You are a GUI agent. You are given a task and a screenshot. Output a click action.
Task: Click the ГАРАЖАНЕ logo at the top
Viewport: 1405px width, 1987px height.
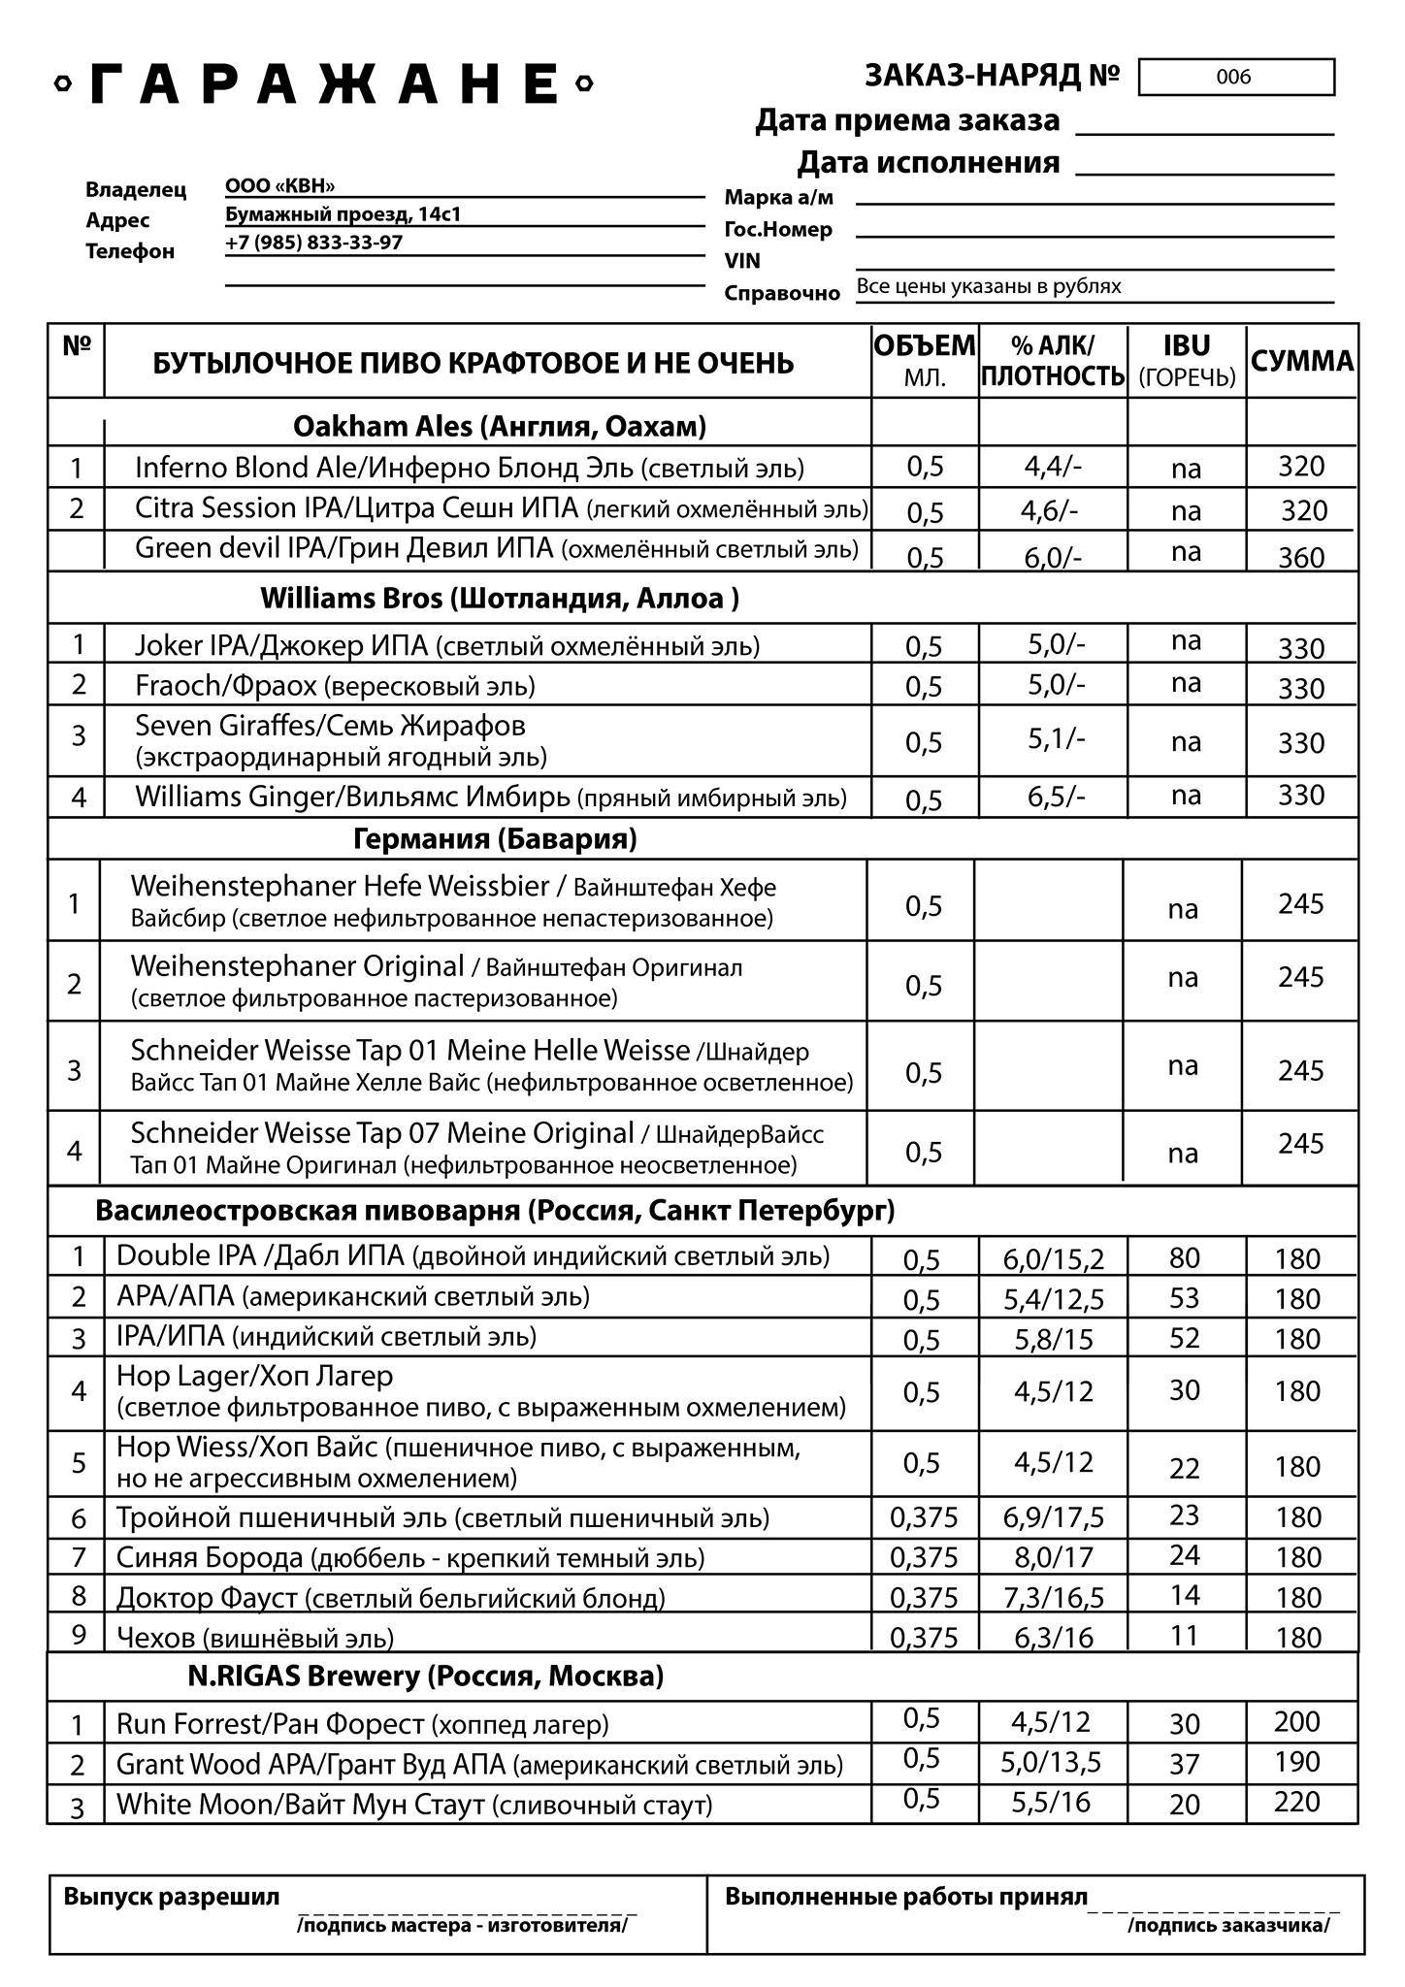point(323,84)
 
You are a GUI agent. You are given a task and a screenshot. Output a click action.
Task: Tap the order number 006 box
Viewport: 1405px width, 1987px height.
point(1235,78)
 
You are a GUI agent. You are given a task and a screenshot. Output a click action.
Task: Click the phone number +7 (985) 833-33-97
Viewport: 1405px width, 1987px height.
point(313,243)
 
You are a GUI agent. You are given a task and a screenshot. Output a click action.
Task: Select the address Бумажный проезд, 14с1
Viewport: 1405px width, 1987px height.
point(343,214)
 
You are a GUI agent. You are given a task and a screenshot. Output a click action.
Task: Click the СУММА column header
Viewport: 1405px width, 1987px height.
point(1301,362)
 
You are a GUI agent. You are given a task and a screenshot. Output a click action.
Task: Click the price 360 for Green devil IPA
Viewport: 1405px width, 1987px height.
point(1301,557)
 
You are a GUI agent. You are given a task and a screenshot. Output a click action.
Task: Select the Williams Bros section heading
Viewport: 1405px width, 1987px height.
point(499,598)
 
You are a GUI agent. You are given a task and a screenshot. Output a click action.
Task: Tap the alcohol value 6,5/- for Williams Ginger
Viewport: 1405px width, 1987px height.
point(1056,797)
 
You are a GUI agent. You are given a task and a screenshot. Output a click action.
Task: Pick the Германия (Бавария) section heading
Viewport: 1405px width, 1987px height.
point(495,839)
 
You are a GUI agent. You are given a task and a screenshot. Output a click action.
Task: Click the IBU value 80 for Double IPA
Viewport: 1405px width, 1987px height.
point(1184,1258)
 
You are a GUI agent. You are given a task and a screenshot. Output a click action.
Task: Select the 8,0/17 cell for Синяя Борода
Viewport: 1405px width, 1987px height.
point(1053,1557)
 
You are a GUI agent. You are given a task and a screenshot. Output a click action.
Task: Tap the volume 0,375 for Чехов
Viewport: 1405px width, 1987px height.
point(923,1638)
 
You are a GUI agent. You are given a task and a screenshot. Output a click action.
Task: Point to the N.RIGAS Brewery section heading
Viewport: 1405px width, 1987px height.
point(425,1676)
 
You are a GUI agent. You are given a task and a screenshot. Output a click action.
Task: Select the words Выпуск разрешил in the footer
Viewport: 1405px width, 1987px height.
point(171,1897)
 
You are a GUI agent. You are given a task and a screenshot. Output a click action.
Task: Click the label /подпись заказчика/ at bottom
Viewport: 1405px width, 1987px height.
point(1227,1925)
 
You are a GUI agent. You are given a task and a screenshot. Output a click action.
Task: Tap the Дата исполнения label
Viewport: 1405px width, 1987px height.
point(928,162)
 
